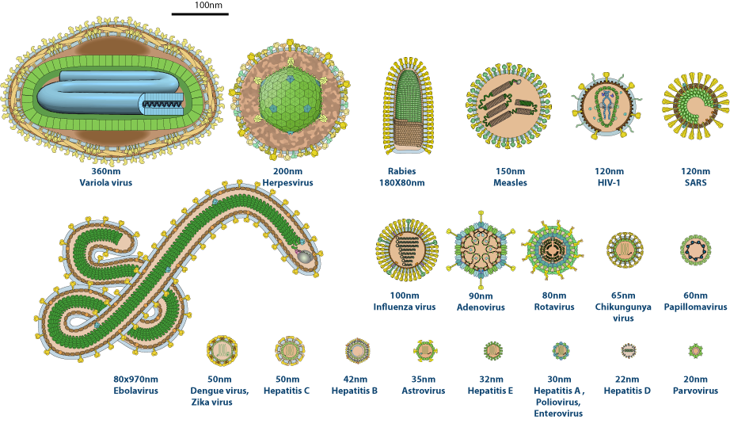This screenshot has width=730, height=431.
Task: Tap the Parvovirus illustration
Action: coord(695,350)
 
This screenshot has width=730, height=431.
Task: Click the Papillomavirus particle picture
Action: coord(694,250)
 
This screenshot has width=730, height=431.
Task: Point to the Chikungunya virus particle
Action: coord(623,250)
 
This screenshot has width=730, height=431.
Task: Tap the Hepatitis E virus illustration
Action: coord(492,350)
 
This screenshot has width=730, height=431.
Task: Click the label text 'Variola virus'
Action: coord(105,183)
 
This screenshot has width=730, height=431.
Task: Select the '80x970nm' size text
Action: coord(136,379)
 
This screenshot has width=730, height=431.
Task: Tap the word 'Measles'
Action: coord(510,183)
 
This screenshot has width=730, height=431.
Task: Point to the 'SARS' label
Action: coord(696,183)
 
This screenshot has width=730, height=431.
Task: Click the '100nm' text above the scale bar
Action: coord(208,6)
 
